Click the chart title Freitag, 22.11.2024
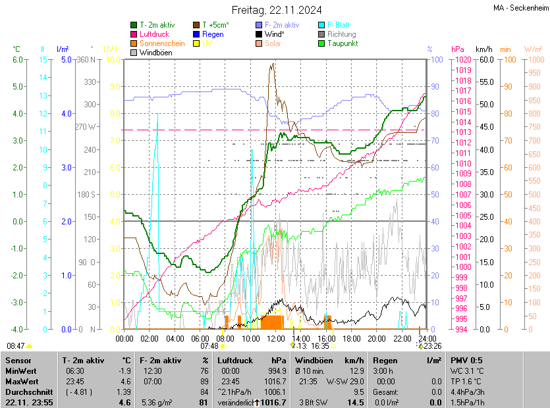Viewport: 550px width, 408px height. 276,10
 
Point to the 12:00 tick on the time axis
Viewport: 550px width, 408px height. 276,338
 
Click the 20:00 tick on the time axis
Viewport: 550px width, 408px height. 377,338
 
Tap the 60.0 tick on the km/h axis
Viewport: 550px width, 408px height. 485,59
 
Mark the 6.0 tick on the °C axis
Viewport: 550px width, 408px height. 18,59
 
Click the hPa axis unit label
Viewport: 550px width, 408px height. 457,49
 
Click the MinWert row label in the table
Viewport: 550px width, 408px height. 21,370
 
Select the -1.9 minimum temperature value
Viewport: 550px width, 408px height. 124,370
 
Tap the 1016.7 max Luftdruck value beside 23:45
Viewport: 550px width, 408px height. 275,381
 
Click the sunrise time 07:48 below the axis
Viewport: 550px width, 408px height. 209,345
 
